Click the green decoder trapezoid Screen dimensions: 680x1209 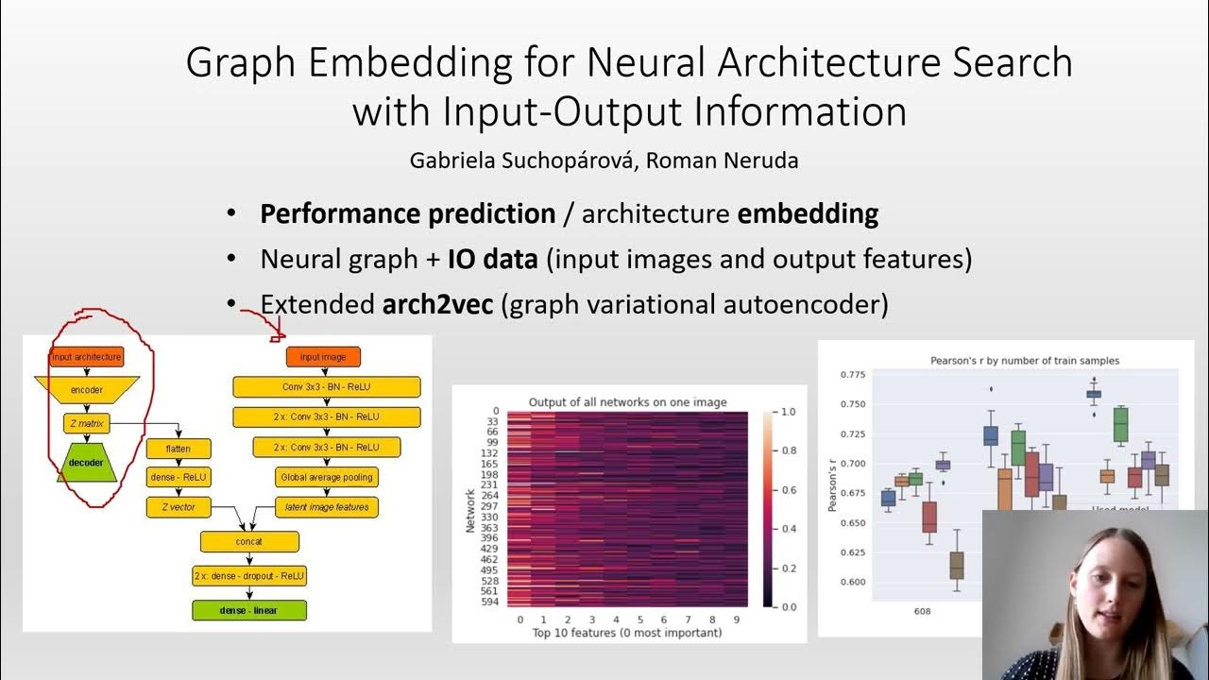tap(86, 463)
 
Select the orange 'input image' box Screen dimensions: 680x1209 tap(323, 357)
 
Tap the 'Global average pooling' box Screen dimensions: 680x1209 tap(326, 477)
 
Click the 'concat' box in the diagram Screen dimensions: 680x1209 tap(249, 541)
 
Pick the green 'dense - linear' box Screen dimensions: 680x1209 tap(249, 610)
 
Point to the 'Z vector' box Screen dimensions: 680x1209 tap(179, 507)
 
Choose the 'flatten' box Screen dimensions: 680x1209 tap(179, 449)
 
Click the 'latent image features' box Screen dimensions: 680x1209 tap(327, 507)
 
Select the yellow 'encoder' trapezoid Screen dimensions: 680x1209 tap(86, 389)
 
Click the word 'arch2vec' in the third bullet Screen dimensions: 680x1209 tap(438, 305)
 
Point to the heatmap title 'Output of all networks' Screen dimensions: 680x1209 tap(627, 402)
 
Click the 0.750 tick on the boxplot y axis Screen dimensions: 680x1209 tap(853, 404)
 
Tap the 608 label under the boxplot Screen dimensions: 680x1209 tap(922, 611)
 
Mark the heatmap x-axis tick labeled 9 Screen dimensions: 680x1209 tap(736, 620)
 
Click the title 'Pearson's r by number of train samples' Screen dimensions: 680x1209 tap(1012, 361)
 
